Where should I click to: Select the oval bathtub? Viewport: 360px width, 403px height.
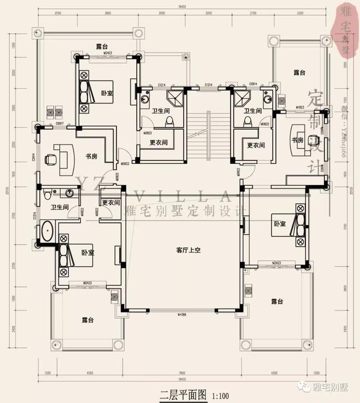[47, 232]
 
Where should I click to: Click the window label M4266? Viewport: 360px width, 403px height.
[182, 313]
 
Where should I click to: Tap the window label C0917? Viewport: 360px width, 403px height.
[59, 123]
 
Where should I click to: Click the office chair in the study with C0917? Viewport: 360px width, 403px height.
[51, 159]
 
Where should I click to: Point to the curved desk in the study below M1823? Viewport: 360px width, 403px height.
[299, 140]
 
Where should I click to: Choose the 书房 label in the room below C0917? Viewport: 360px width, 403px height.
[91, 156]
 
